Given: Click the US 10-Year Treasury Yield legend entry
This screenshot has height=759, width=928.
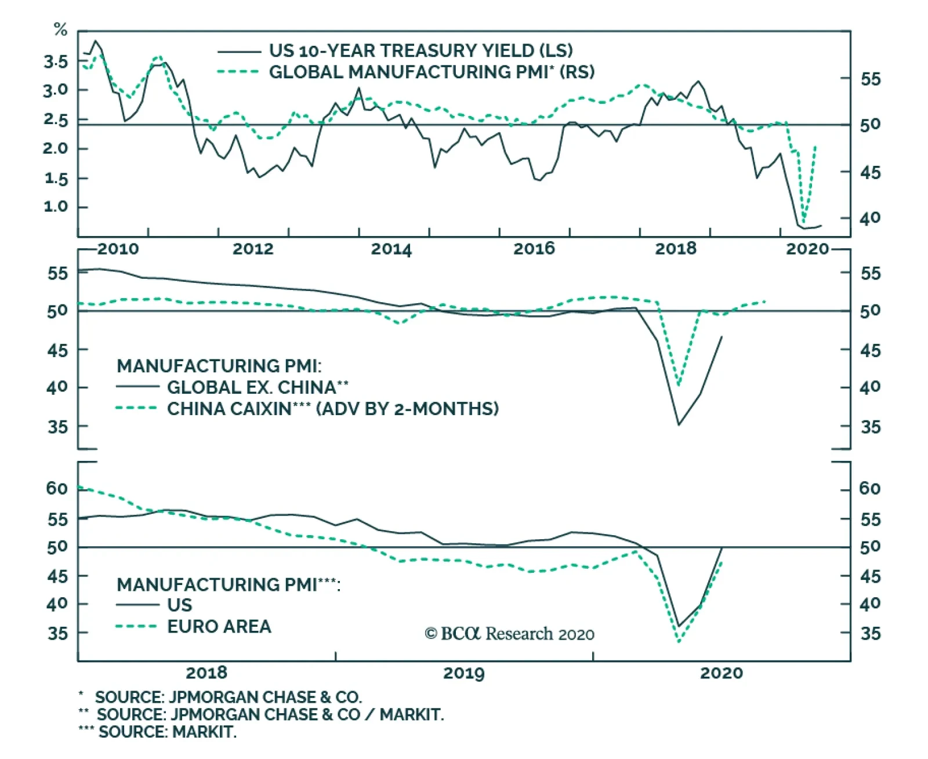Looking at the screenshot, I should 420,51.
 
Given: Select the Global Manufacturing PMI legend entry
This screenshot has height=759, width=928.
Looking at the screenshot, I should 432,72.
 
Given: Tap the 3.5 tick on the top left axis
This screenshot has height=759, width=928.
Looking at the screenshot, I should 56,61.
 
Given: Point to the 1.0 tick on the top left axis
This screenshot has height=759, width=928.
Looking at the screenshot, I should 56,206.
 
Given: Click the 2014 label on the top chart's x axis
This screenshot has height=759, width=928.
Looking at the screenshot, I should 391,249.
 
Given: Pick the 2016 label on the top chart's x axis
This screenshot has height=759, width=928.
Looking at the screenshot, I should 534,249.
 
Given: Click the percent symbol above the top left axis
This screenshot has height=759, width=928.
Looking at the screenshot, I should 61,30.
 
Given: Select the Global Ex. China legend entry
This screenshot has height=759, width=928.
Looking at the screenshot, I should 258,387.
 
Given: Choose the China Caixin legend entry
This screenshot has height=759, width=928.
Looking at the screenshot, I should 332,409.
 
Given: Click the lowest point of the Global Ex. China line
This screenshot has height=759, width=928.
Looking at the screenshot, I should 679,424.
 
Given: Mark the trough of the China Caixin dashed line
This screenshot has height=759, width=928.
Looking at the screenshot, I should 679,384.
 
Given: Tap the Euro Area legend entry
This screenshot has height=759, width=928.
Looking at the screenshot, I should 219,627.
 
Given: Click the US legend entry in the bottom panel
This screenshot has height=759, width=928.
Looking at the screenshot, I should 179,605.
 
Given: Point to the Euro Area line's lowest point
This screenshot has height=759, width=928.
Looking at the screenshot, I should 679,641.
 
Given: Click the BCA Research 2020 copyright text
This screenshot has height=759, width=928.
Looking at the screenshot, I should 510,634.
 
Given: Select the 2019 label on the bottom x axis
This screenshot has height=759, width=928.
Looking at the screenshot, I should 463,673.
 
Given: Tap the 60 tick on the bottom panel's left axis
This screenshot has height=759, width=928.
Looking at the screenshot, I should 57,489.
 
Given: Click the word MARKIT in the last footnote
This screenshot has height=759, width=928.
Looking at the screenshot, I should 204,732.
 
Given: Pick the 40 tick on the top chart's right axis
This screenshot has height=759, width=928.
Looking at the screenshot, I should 870,219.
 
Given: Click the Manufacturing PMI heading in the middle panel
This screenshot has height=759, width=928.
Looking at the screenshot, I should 219,366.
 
